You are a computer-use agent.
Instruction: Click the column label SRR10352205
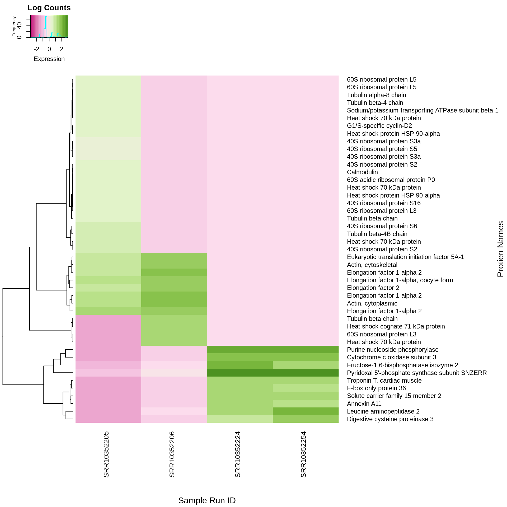pos(106,454)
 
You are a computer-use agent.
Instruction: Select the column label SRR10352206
pos(172,454)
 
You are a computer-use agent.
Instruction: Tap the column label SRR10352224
pos(238,454)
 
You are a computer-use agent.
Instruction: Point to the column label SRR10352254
pos(303,454)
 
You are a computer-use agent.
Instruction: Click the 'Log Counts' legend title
pos(49,8)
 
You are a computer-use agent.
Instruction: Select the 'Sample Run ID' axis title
pos(207,500)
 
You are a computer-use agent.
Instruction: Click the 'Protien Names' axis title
pos(500,249)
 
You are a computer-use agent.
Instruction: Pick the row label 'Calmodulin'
pos(362,172)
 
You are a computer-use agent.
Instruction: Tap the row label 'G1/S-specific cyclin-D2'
pos(379,126)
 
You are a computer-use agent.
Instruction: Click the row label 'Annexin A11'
pos(364,404)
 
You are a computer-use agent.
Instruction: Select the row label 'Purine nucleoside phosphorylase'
pos(393,350)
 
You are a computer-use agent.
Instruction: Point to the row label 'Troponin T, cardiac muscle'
pos(384,381)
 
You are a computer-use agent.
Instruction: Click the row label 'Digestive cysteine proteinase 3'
pos(390,419)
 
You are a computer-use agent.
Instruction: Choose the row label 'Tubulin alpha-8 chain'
pos(376,95)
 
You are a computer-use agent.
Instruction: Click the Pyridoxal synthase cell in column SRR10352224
pos(240,373)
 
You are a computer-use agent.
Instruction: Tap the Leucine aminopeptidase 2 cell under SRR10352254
pos(306,411)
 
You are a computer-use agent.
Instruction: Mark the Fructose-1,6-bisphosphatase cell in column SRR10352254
pos(306,365)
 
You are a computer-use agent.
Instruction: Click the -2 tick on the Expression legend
pos(37,49)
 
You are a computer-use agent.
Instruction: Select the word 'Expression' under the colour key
pos(49,59)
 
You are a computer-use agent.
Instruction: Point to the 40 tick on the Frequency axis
pos(19,26)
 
